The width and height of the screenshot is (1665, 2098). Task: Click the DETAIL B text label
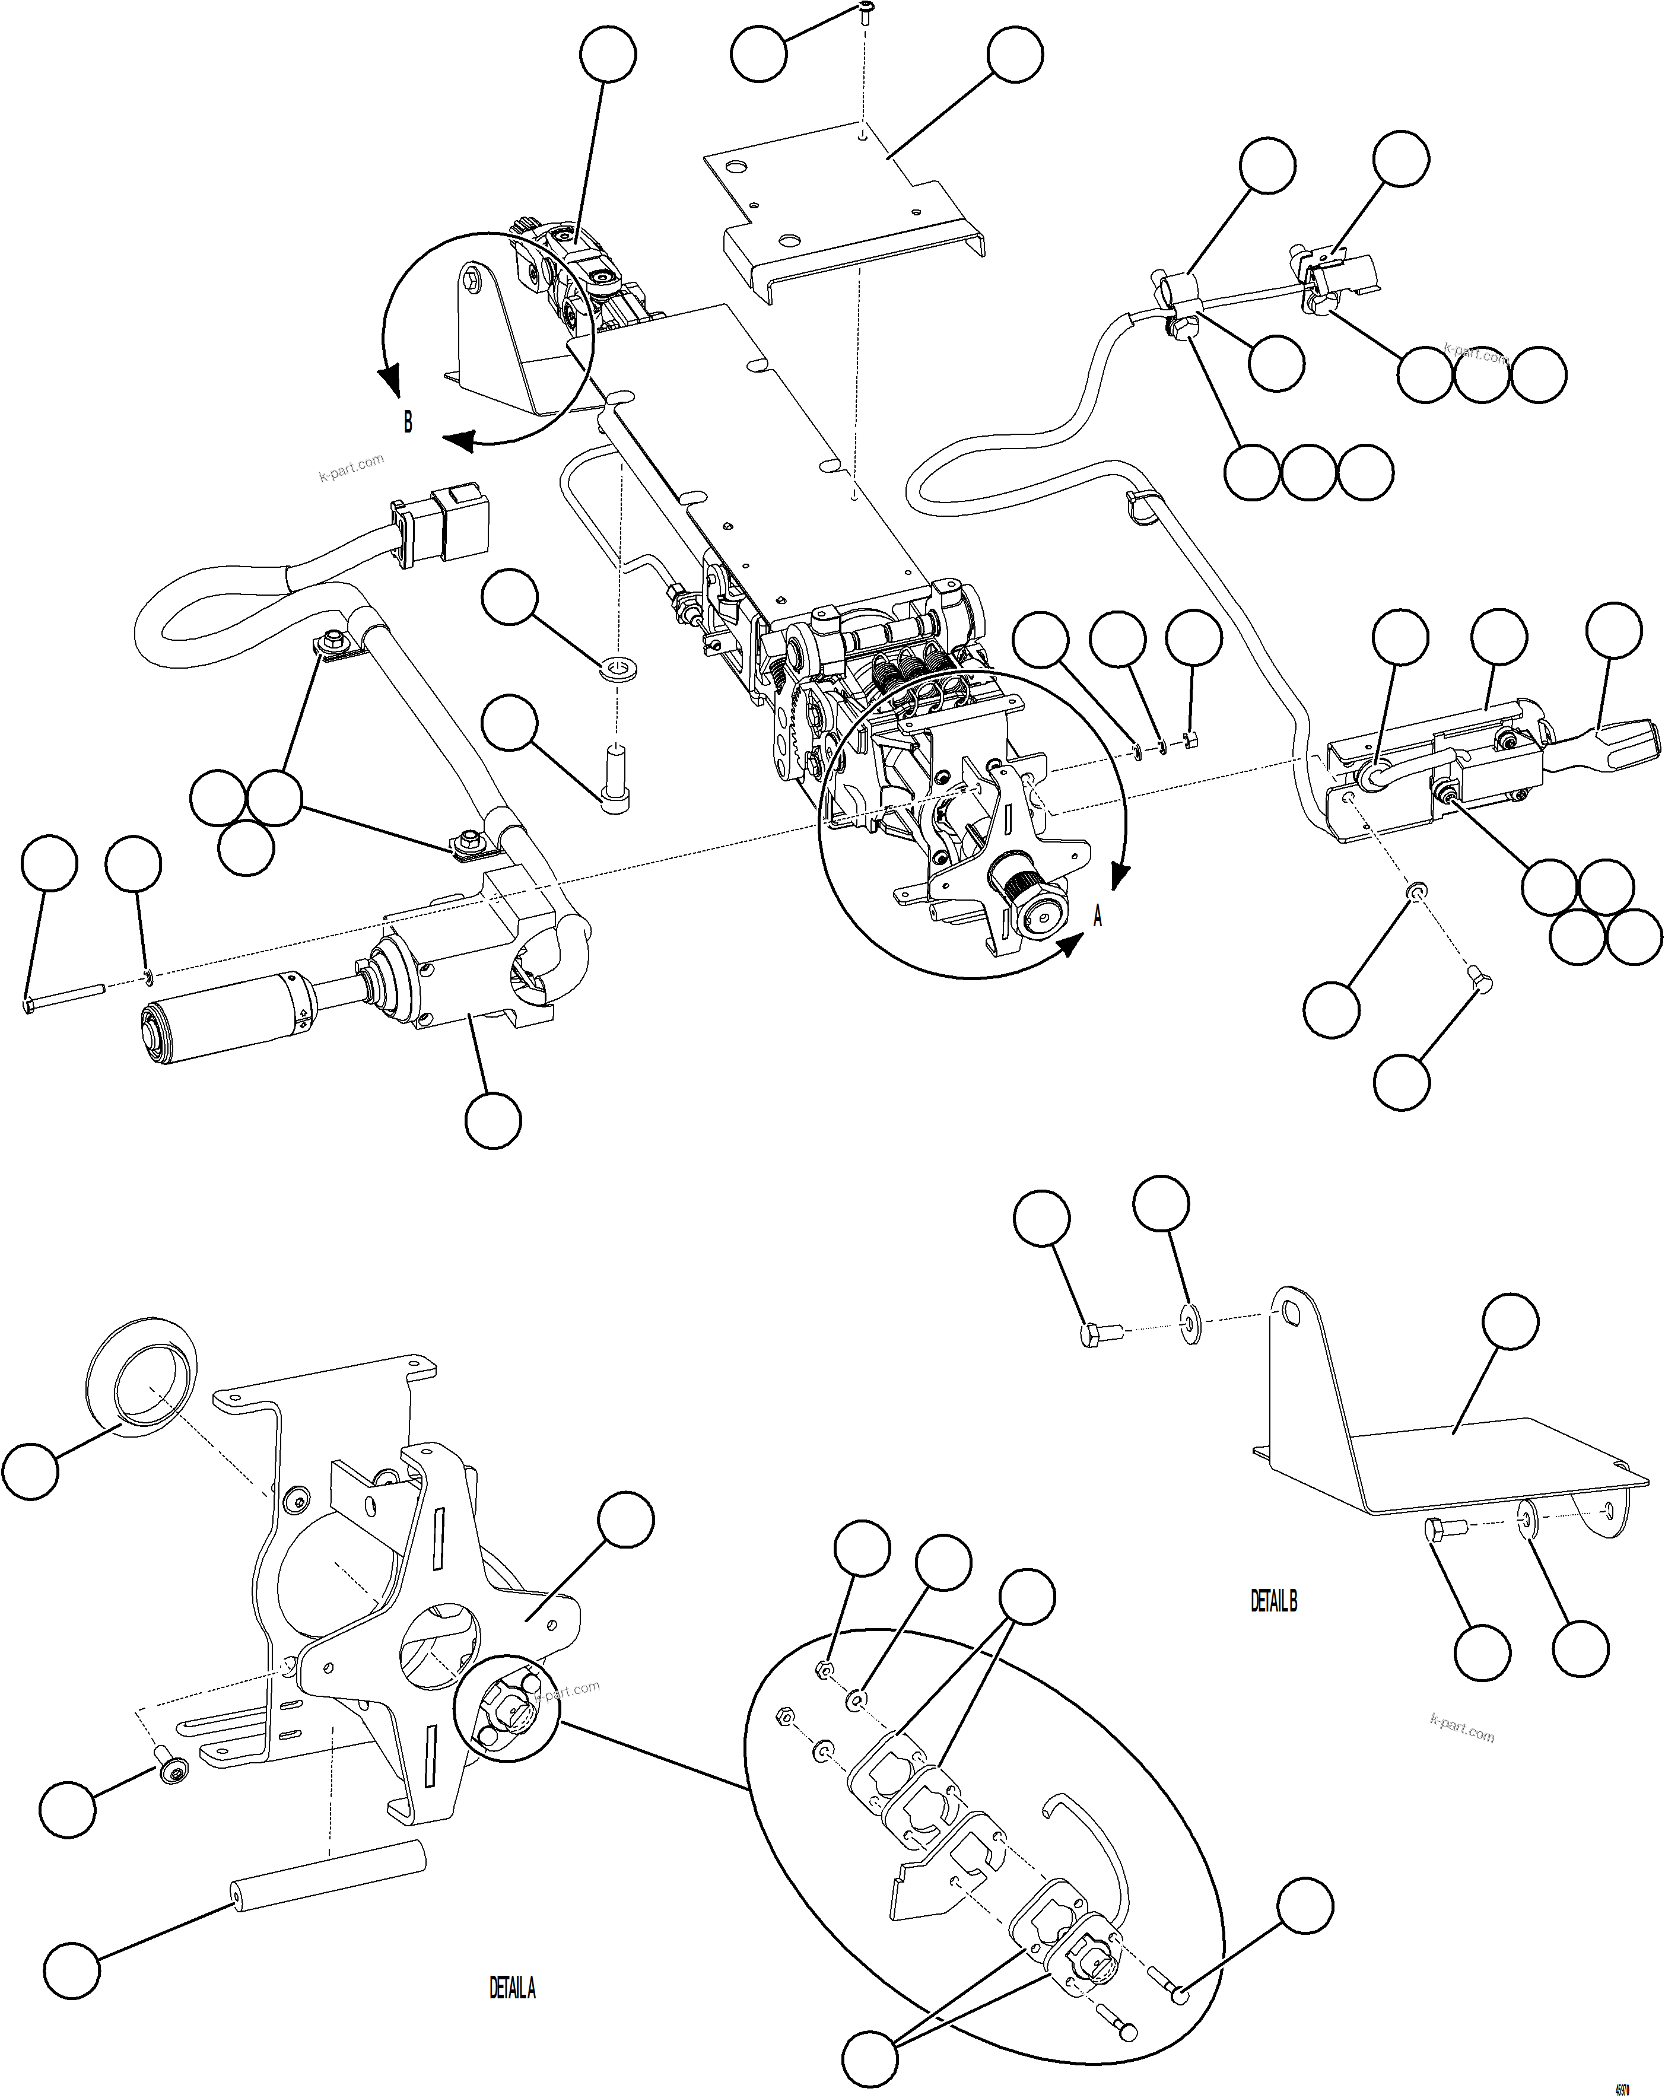pos(1273,1601)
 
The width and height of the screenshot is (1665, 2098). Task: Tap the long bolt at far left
pos(63,999)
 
